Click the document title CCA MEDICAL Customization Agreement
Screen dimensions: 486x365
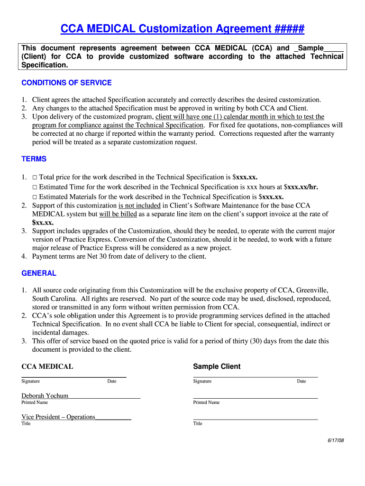(182, 29)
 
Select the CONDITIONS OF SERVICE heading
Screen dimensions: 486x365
(66, 83)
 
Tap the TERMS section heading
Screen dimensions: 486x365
(34, 159)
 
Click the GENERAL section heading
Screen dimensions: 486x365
(39, 273)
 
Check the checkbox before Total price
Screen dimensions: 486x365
(35, 177)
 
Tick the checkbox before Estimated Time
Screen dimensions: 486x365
(35, 187)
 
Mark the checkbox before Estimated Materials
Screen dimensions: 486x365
(35, 197)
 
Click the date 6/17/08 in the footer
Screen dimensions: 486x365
(336, 440)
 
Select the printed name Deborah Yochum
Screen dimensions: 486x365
(45, 395)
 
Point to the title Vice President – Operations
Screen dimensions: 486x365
(58, 417)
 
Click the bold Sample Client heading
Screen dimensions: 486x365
(217, 366)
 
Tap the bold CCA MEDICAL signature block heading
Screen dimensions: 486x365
(47, 366)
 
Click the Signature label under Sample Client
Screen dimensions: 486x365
(202, 381)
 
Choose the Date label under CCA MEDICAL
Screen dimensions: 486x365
(111, 381)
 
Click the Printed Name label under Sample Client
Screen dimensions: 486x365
(206, 402)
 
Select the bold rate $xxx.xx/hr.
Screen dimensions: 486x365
(301, 187)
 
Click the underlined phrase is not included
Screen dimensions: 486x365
(139, 206)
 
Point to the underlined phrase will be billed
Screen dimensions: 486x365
(118, 214)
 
